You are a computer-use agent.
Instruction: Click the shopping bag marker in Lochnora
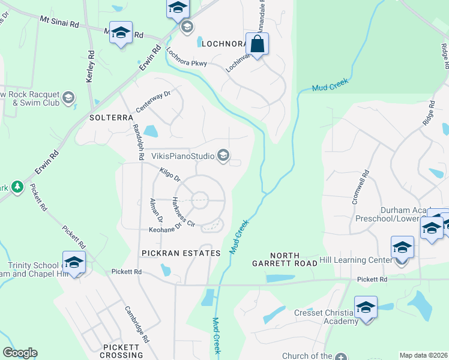(x=257, y=44)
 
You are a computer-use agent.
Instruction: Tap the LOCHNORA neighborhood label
(x=225, y=44)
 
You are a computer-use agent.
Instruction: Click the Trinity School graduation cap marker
(x=74, y=262)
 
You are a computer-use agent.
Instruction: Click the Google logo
(x=20, y=353)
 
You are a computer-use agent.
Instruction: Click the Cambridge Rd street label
(x=137, y=324)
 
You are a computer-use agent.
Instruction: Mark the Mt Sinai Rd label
(x=59, y=22)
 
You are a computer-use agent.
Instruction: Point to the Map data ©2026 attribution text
(x=423, y=355)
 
